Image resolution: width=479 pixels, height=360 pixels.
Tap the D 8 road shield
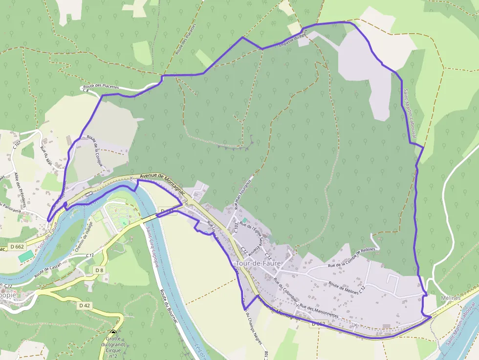pos(99,270)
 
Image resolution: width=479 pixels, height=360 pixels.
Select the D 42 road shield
pos(85,305)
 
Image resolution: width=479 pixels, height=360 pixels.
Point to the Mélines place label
pos(450,298)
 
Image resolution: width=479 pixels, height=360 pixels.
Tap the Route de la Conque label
pos(95,151)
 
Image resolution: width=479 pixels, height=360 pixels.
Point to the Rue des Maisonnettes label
pos(319,311)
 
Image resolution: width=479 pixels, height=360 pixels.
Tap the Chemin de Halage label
pos(84,241)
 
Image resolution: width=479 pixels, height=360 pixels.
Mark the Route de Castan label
pos(48,268)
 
